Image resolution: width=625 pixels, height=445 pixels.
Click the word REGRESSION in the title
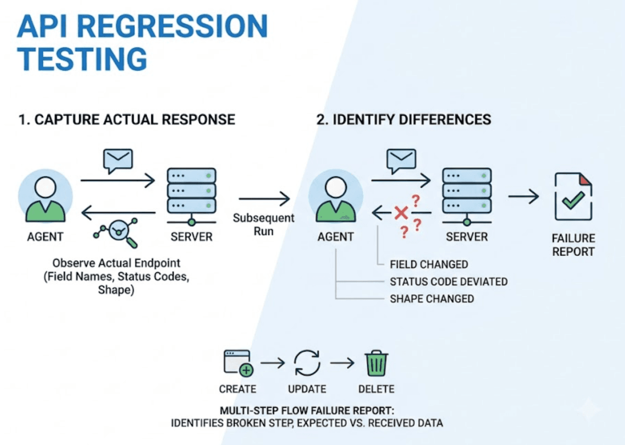172,27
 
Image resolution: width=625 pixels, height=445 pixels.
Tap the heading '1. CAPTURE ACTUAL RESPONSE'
126,119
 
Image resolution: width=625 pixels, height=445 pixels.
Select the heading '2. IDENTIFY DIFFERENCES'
404,119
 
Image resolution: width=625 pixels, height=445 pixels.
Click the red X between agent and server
401,213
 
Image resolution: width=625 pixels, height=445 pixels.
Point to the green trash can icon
376,363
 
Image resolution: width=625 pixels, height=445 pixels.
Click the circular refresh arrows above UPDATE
307,363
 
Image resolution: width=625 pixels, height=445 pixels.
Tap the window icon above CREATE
238,363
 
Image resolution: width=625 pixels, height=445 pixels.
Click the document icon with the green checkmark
573,196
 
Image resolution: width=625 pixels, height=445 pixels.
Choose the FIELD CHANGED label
429,264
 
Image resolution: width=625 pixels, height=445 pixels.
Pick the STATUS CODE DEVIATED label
449,281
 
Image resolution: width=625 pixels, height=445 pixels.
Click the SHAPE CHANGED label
432,299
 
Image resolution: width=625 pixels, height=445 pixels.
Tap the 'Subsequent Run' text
264,225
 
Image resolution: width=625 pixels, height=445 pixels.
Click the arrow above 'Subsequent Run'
264,199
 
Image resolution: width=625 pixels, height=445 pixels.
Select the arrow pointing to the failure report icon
523,196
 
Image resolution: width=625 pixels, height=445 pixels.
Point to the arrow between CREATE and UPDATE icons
273,363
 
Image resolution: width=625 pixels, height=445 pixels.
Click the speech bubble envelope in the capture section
118,161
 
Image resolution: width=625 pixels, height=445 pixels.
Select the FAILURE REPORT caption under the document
573,245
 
